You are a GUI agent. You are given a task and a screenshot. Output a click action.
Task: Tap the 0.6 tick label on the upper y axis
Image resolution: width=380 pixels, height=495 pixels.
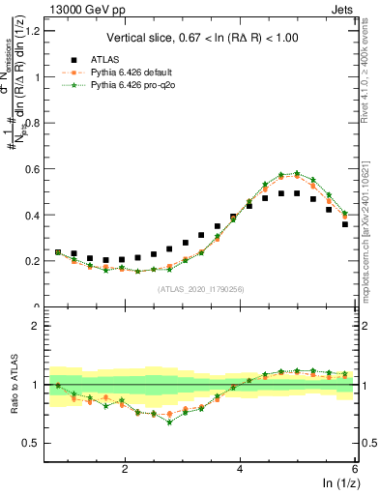pyautogui.click(x=33, y=169)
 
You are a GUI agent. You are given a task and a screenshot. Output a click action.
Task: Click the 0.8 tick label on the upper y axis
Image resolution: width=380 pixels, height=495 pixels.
pyautogui.click(x=33, y=123)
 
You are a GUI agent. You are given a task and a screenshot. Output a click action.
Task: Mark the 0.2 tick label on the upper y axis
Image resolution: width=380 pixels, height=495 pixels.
pyautogui.click(x=33, y=261)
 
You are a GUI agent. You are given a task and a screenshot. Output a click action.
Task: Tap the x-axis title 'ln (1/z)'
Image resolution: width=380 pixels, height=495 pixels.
pyautogui.click(x=340, y=483)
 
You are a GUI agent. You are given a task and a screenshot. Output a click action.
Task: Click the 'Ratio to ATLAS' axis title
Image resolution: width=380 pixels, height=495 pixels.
pyautogui.click(x=13, y=384)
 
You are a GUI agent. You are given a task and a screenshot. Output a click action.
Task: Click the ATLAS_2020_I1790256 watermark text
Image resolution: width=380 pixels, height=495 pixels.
pyautogui.click(x=200, y=288)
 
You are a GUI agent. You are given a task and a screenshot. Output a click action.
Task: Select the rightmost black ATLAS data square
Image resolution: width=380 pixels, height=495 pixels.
pyautogui.click(x=345, y=224)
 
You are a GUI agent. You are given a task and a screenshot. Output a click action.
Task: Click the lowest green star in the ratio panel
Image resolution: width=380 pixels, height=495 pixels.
pyautogui.click(x=169, y=422)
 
